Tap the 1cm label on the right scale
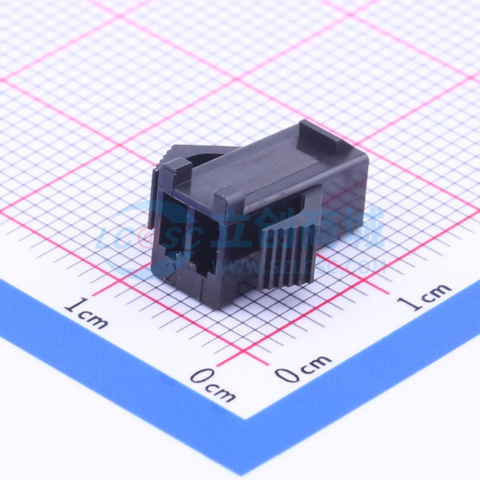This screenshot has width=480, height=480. point(424,296)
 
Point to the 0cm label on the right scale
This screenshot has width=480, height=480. point(303,368)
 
